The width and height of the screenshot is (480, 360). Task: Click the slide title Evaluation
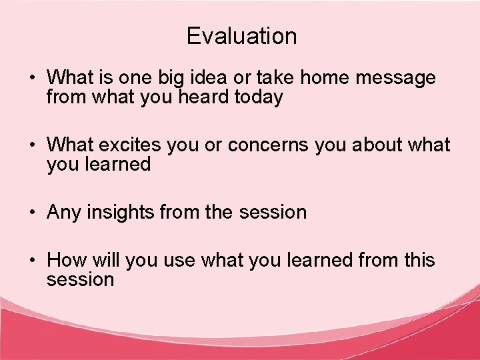tap(241, 36)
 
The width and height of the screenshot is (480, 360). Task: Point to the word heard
tap(198, 97)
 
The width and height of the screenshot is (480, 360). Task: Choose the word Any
tap(64, 213)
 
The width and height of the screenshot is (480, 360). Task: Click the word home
tap(325, 78)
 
